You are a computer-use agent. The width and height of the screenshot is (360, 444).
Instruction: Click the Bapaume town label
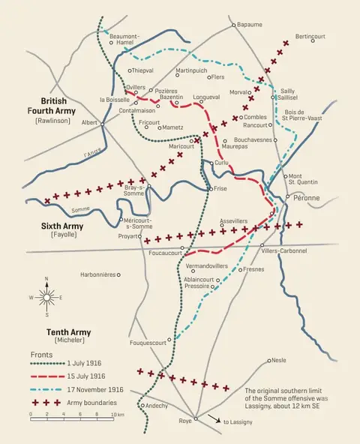[250, 24]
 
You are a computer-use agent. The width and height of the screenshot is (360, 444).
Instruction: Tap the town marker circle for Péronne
[287, 196]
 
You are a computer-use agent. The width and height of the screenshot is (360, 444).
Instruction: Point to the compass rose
[46, 297]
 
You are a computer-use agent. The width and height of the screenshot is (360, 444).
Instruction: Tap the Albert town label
[89, 122]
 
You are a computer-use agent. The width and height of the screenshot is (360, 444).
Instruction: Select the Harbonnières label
[97, 274]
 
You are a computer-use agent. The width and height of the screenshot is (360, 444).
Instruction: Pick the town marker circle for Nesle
[269, 360]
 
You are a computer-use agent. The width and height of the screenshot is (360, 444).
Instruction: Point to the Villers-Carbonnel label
[283, 250]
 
